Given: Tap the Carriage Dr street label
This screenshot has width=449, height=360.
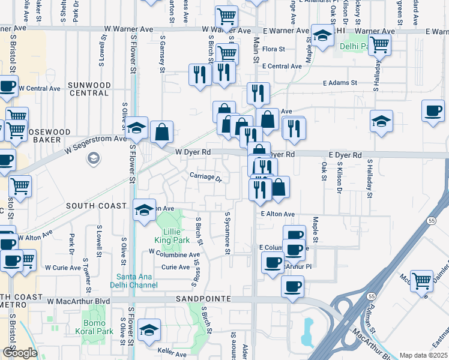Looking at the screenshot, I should [206, 177].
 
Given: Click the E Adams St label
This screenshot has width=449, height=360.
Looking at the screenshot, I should [339, 83].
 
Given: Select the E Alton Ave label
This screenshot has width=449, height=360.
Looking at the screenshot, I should [277, 214].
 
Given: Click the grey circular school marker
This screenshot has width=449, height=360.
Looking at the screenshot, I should [93, 158].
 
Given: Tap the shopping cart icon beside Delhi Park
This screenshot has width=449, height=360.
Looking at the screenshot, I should [379, 43].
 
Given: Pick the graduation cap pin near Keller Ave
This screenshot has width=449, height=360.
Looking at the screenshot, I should [149, 329].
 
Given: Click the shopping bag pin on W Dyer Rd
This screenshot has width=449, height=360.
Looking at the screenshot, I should [161, 132].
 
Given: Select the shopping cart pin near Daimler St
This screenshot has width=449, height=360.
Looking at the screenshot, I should [422, 280].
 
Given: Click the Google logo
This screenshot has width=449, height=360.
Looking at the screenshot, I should [19, 353].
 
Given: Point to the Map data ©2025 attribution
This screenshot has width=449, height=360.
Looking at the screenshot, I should [423, 355].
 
